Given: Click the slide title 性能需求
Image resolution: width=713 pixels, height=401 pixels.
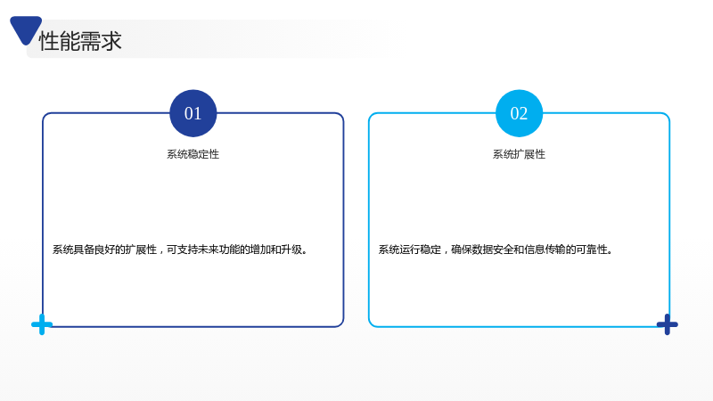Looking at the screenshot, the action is pyautogui.click(x=80, y=41).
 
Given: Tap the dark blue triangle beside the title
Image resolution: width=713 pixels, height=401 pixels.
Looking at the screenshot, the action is pyautogui.click(x=26, y=29).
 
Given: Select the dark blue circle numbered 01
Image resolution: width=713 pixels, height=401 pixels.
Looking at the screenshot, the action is pyautogui.click(x=193, y=113).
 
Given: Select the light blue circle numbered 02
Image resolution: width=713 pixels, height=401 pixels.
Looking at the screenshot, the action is pyautogui.click(x=519, y=113).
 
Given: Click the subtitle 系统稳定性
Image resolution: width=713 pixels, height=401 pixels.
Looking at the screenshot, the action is pyautogui.click(x=193, y=154).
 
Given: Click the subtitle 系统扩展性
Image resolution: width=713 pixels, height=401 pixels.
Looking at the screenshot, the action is pyautogui.click(x=519, y=154).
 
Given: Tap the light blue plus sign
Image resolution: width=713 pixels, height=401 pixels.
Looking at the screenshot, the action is pyautogui.click(x=42, y=324).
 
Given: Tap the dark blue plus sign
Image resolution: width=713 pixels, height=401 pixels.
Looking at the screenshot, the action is pyautogui.click(x=667, y=324).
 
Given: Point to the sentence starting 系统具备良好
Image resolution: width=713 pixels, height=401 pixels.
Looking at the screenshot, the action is pyautogui.click(x=181, y=250).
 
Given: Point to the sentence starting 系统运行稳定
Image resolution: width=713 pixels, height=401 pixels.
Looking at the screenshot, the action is pyautogui.click(x=496, y=250).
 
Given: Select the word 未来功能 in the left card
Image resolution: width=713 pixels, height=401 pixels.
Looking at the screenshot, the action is pyautogui.click(x=219, y=250).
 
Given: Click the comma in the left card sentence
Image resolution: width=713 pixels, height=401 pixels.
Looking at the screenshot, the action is pyautogui.click(x=161, y=252).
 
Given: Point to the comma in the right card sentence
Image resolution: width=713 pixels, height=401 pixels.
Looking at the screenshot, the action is pyautogui.click(x=446, y=252).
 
